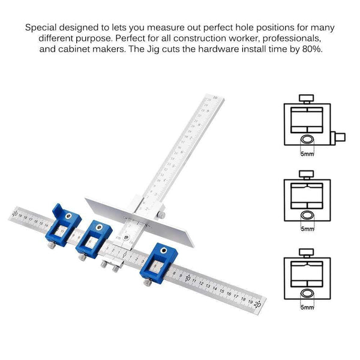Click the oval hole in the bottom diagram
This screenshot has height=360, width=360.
click(x=307, y=293)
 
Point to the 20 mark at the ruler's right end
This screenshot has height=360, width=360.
click(x=257, y=305)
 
